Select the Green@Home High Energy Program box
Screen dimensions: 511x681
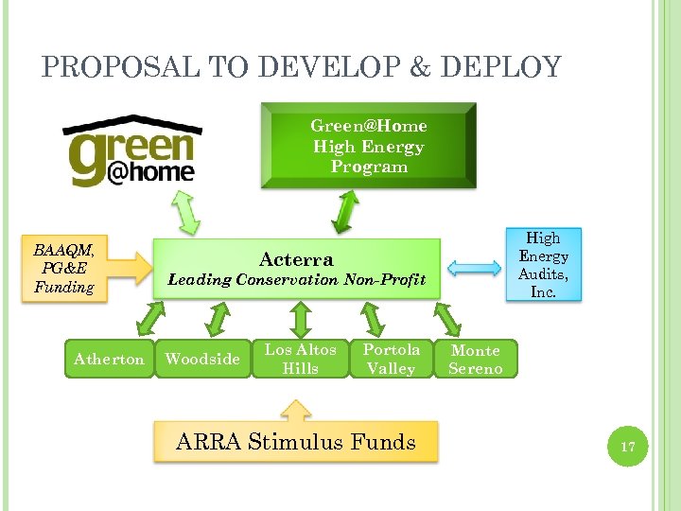pos(369,147)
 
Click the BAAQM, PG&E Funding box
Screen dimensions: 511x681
pos(64,269)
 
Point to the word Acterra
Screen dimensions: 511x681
pos(296,259)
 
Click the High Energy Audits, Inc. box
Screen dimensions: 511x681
pos(543,265)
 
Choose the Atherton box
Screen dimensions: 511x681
pos(109,359)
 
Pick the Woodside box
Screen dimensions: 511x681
pos(202,359)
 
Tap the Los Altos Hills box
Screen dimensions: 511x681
pos(300,359)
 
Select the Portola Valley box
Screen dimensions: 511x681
pos(390,359)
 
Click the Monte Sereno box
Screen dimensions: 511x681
pos(475,360)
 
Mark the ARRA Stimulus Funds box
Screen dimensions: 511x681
pos(296,442)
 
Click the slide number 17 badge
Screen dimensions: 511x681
pos(627,446)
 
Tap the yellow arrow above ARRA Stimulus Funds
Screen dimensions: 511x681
pos(297,410)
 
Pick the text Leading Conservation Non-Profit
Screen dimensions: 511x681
pos(296,280)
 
